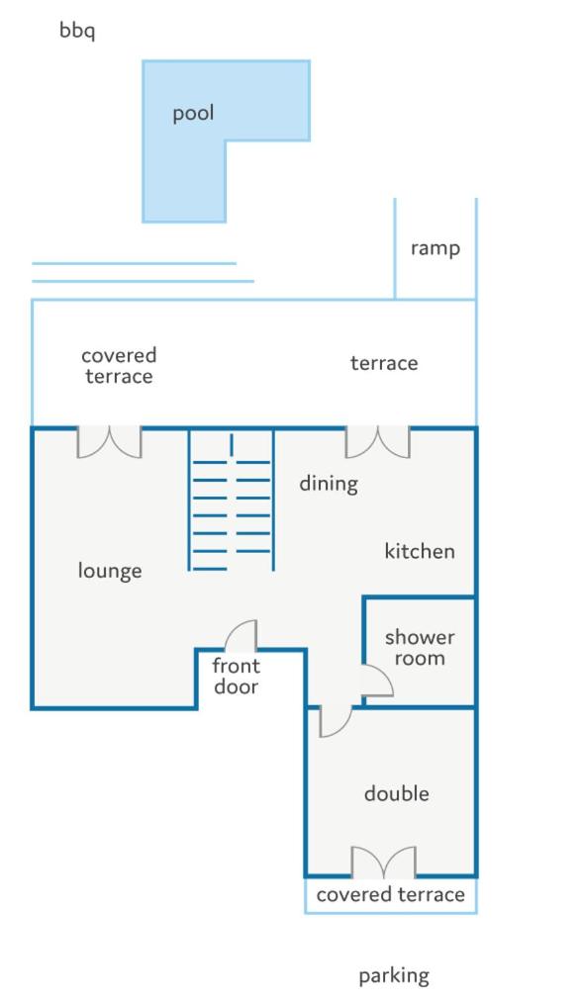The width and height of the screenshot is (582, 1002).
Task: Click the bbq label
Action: coord(77,31)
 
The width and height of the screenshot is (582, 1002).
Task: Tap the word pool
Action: coord(193,114)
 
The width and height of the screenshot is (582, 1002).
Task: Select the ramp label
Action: coord(435,248)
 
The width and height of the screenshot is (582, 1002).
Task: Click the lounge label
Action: coord(110,571)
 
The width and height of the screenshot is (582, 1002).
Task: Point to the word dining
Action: coord(329,483)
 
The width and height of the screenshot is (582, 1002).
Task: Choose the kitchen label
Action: coord(420,551)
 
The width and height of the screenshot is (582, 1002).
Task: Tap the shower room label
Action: coord(420,647)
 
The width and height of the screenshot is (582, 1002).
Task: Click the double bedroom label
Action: coord(397,793)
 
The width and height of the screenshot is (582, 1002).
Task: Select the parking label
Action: coord(394,976)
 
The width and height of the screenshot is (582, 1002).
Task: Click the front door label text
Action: coord(236,677)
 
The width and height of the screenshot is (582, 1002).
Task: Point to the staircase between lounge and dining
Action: coord(232,501)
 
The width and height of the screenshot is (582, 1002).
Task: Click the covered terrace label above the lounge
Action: coord(119,366)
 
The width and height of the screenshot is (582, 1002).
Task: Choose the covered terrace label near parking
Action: coord(391,894)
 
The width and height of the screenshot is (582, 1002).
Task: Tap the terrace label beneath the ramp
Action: coord(384,363)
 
